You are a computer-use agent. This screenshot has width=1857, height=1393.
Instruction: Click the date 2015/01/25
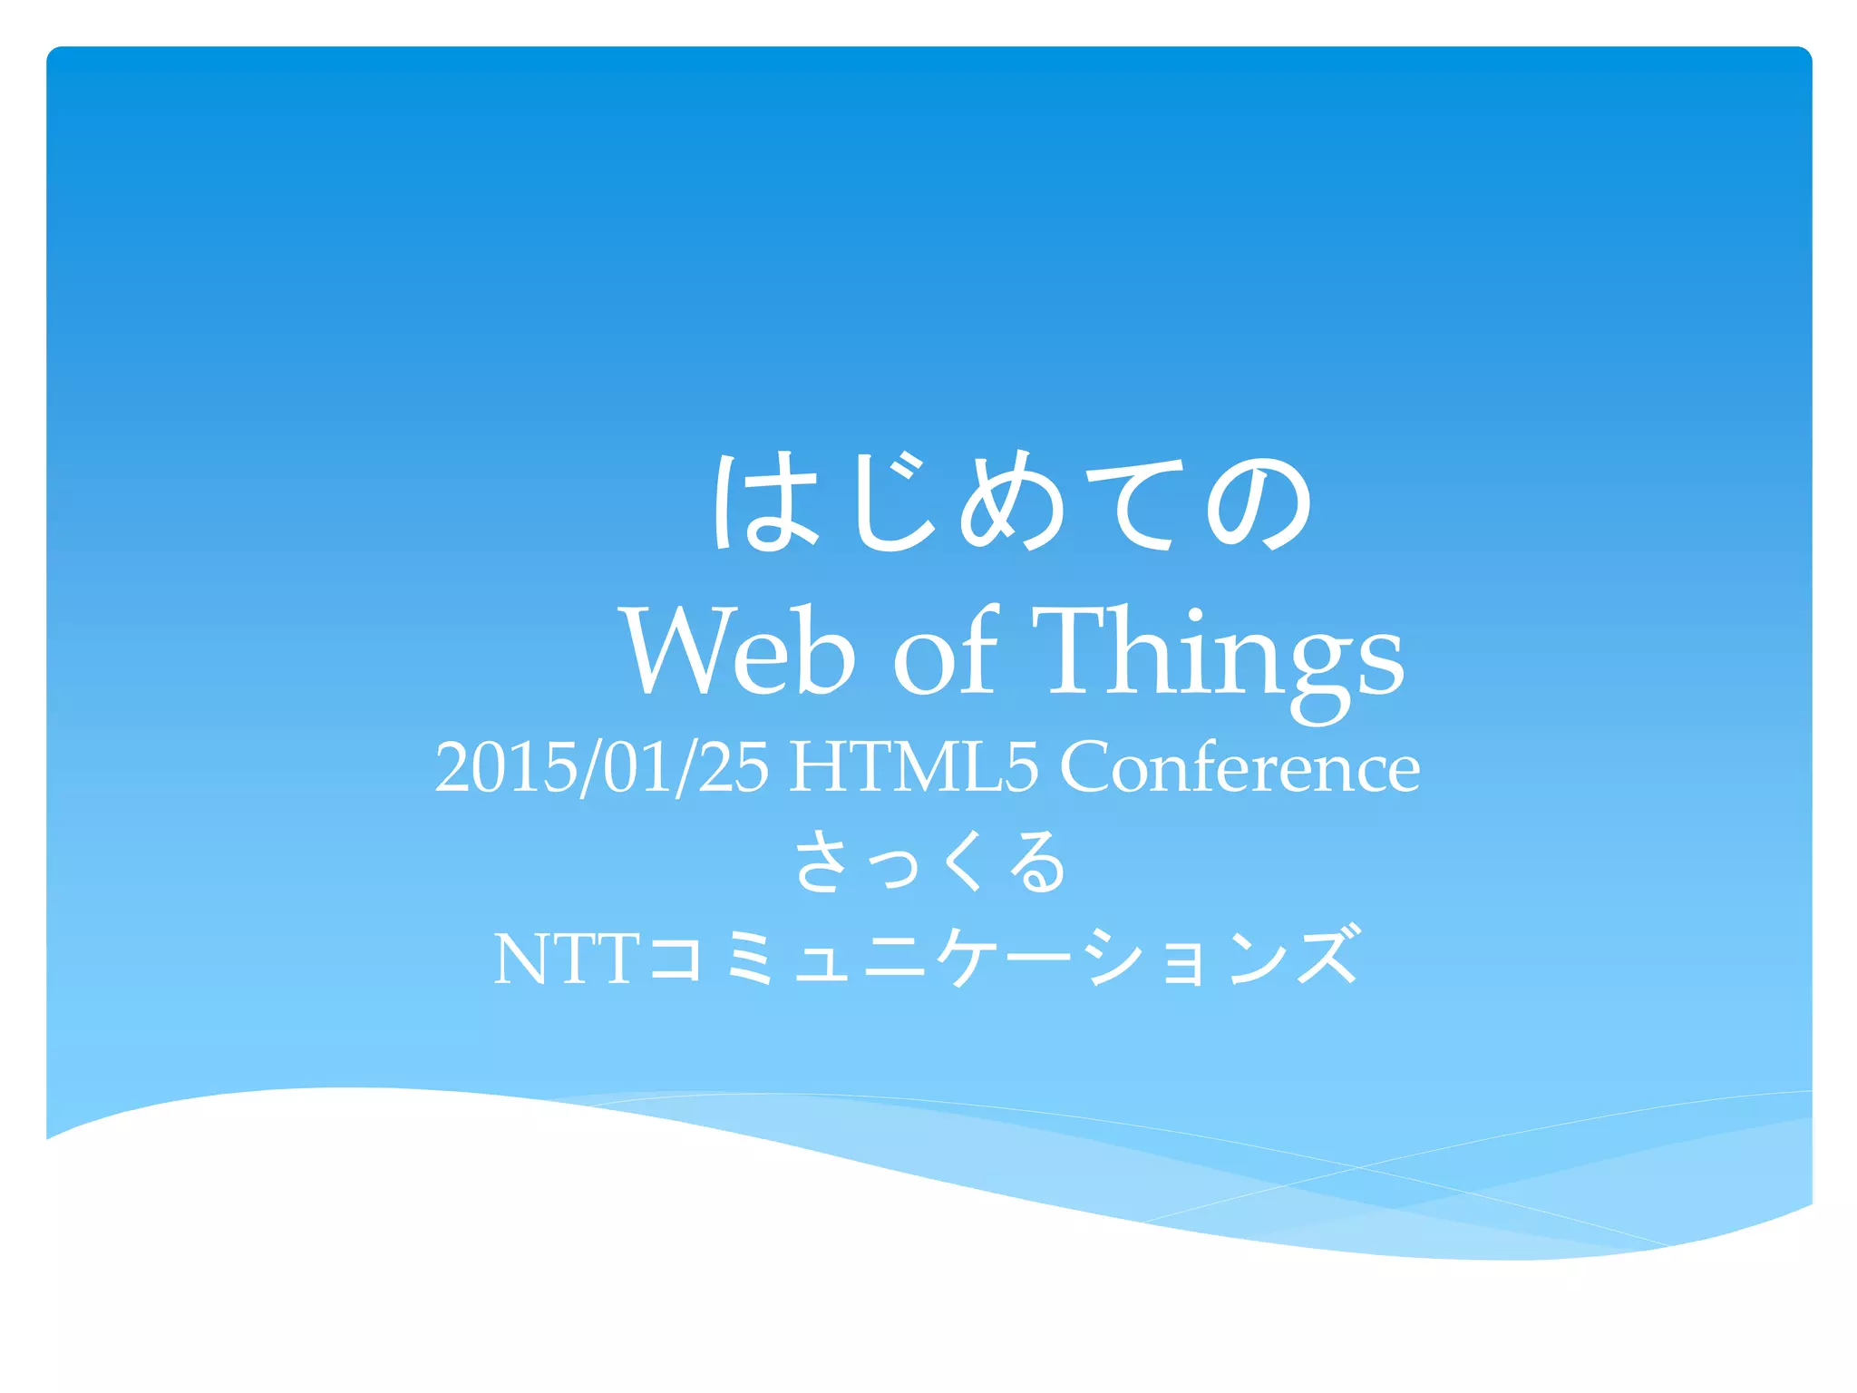click(601, 767)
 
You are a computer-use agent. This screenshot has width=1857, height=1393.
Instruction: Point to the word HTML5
click(913, 767)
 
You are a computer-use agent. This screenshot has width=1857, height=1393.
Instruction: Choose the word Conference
click(1240, 767)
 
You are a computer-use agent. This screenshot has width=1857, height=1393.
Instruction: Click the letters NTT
click(567, 960)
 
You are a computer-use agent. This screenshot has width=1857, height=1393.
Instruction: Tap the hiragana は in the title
click(764, 502)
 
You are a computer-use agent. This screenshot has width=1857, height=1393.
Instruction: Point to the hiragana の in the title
click(1260, 502)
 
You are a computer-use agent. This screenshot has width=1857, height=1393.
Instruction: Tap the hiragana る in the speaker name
click(1038, 862)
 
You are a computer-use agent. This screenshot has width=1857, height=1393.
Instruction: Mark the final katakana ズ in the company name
click(1328, 956)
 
